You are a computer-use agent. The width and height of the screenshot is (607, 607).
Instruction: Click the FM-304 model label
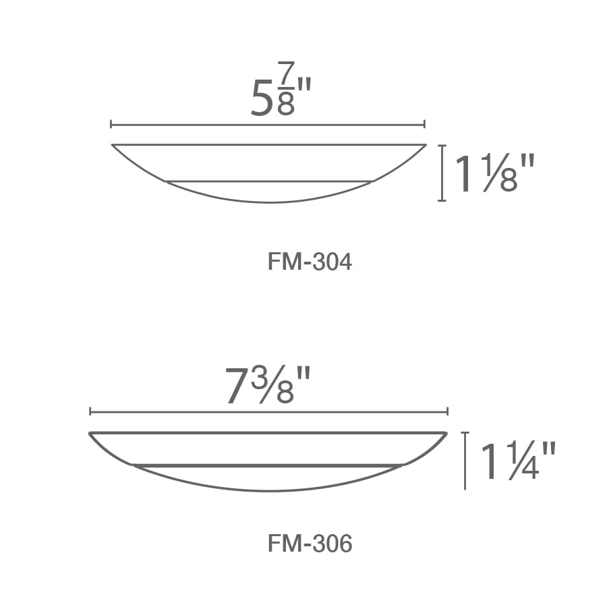(310, 262)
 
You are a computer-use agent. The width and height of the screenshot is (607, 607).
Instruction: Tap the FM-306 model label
(310, 544)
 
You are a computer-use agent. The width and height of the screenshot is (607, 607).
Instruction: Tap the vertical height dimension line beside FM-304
(442, 173)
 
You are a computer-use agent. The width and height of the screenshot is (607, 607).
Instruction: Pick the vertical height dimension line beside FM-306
(465, 461)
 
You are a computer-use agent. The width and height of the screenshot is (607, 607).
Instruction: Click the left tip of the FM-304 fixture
(113, 145)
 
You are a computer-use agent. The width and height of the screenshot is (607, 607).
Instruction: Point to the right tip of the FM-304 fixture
(425, 145)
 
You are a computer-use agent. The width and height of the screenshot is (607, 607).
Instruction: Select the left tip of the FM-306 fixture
(90, 433)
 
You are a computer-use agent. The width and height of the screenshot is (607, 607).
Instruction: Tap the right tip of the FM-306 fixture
(446, 433)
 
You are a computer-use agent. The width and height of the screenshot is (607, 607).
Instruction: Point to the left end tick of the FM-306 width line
(90, 411)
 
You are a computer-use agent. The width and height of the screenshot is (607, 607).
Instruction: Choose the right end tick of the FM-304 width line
(424, 125)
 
